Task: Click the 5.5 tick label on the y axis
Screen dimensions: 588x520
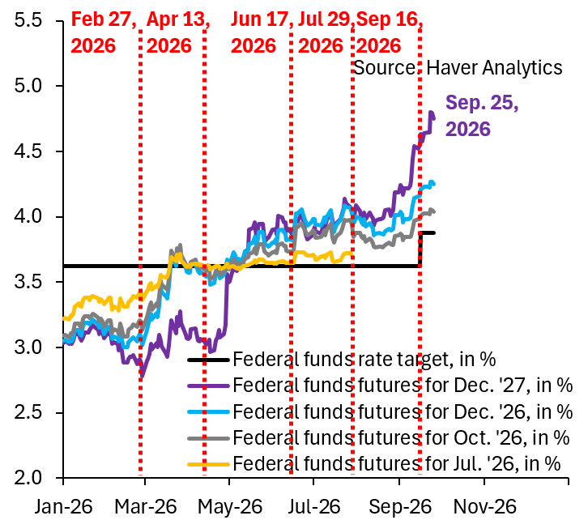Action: point(28,20)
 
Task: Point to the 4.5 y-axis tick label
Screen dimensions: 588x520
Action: point(28,151)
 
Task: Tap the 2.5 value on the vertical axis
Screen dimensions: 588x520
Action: point(28,413)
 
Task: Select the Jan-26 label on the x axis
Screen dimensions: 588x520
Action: point(63,506)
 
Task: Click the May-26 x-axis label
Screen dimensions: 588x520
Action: point(229,506)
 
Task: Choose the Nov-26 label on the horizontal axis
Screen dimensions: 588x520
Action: point(484,506)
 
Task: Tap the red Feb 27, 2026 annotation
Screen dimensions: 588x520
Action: point(104,32)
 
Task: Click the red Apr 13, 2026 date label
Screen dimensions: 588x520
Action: point(177,32)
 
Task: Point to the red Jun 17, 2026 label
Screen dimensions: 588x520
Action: point(262,32)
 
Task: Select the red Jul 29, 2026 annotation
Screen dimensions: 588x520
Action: point(325,32)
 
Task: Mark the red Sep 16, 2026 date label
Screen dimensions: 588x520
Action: point(390,32)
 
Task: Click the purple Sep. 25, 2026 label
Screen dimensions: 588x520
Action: point(482,116)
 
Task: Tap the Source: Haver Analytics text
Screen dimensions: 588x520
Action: point(458,68)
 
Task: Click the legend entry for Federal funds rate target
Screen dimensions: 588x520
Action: point(342,360)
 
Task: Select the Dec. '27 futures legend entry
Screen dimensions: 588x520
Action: point(380,385)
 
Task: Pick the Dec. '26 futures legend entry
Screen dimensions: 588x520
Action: point(380,411)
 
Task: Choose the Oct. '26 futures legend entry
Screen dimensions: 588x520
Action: point(378,438)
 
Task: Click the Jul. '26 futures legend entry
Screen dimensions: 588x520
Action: point(374,464)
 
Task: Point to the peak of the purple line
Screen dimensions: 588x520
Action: point(431,112)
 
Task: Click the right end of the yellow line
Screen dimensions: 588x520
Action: point(352,254)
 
